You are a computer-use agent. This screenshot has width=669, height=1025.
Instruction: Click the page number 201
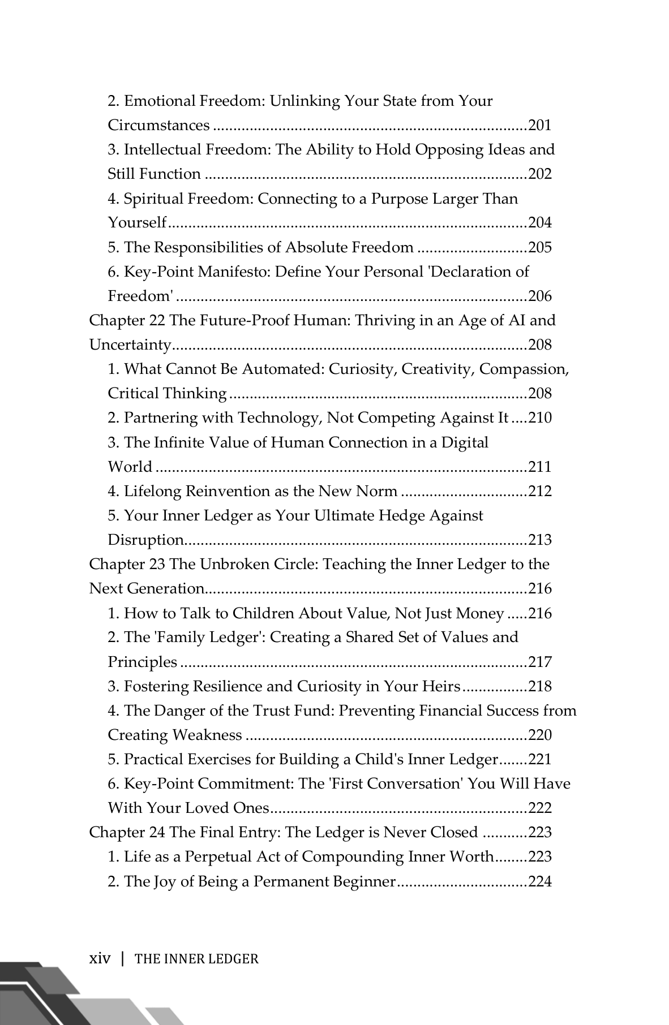coord(539,125)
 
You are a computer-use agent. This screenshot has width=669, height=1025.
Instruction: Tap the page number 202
coord(539,174)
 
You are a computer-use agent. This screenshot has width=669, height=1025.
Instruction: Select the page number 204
coord(539,222)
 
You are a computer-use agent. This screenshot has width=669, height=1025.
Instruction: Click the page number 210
coord(539,417)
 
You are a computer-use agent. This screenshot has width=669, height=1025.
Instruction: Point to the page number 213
coord(539,540)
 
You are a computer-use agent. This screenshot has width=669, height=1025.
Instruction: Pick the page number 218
coord(539,686)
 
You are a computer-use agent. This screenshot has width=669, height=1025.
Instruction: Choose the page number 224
coord(539,881)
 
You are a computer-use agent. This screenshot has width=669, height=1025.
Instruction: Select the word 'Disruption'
coord(145,540)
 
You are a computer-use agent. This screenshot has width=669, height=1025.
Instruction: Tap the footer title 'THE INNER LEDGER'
coord(197,959)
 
